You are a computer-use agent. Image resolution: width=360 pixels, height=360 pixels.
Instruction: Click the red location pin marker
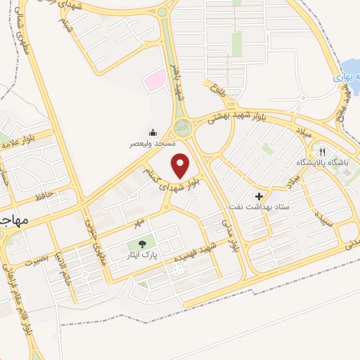[181, 166]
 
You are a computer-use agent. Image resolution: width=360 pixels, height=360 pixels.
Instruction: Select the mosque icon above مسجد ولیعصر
[153, 132]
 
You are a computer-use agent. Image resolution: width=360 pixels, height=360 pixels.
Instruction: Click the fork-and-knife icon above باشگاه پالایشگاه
[323, 151]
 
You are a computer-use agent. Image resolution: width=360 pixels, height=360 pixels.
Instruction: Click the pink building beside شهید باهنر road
[154, 80]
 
